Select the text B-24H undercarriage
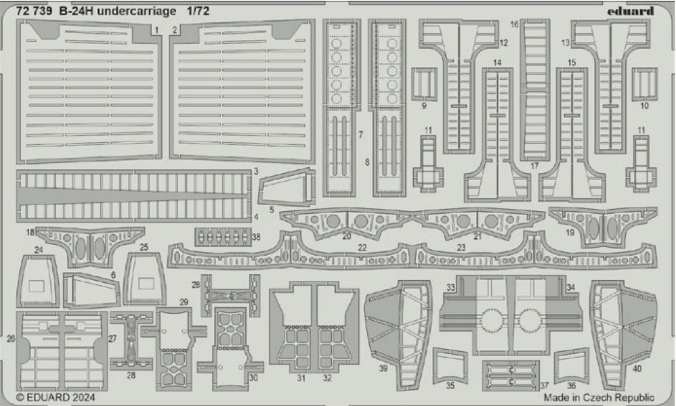tap(116, 11)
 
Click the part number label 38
tap(255, 238)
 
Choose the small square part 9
tap(424, 84)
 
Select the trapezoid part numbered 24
tap(39, 282)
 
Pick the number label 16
tap(515, 24)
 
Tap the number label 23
tap(461, 248)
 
